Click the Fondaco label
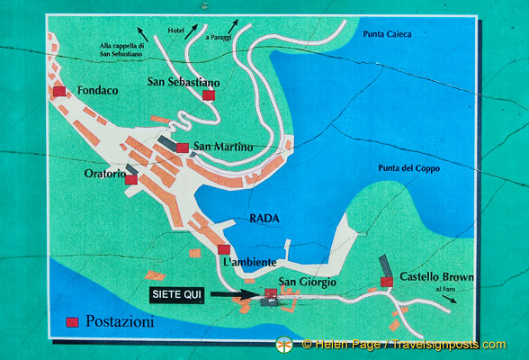pos(98,91)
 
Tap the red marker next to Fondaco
pos(60,92)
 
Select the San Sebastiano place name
pos(184,82)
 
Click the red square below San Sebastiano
pos(209,95)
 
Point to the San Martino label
pos(222,147)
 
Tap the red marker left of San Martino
pos(183,148)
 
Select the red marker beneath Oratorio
pos(131,179)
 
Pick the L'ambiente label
pos(247,261)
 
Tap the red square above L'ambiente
pos(224,249)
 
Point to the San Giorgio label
pos(307,283)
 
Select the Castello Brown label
pos(436,277)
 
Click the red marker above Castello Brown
pos(387,282)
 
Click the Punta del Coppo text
pos(405,168)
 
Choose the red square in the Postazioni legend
pos(72,321)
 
